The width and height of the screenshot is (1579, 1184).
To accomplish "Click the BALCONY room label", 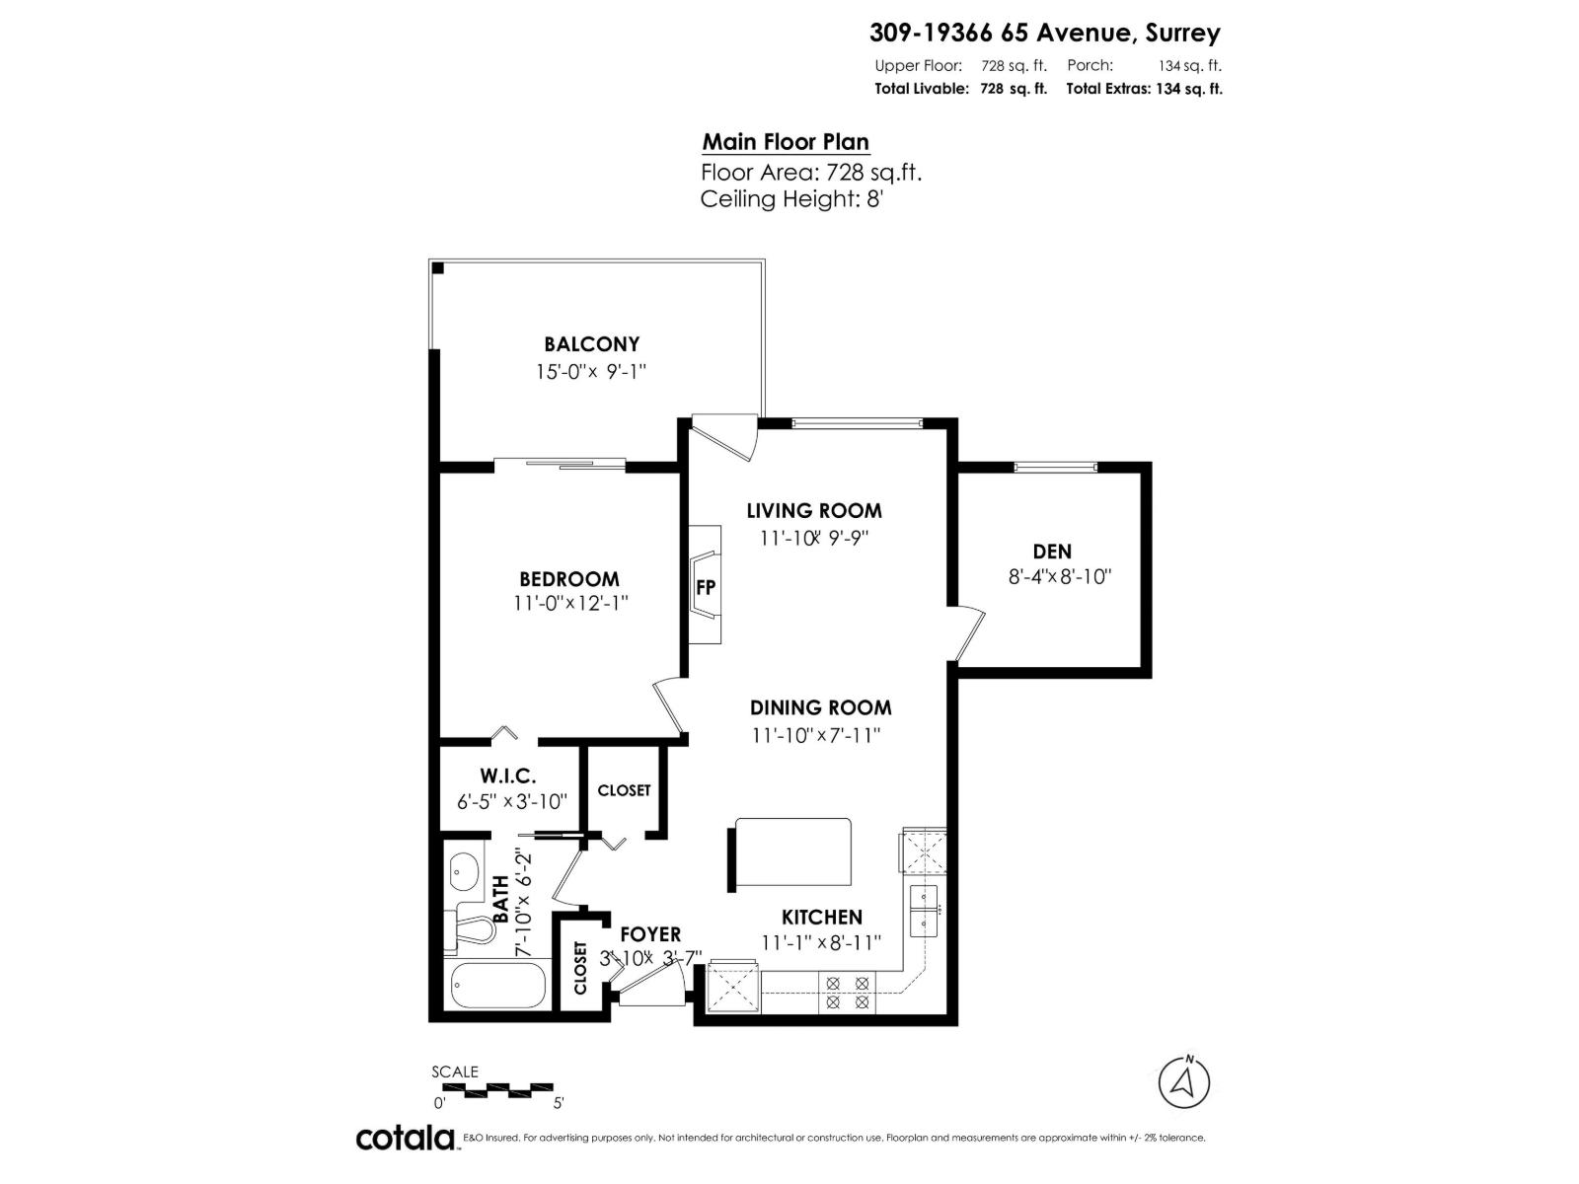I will pyautogui.click(x=591, y=344).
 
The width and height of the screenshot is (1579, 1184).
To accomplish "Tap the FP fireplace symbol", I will pyautogui.click(x=706, y=586).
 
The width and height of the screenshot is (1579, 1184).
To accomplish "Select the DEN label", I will pyautogui.click(x=1052, y=552).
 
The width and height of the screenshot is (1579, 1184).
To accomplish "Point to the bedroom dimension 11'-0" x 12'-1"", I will pyautogui.click(x=570, y=603).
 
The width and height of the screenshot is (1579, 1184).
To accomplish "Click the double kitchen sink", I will pyautogui.click(x=926, y=909).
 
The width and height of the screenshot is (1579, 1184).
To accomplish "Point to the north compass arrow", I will pyautogui.click(x=1183, y=1082).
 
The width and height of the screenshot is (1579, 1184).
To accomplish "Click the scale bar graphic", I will pyautogui.click(x=495, y=1089).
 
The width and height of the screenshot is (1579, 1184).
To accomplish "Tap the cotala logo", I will pyautogui.click(x=405, y=1138).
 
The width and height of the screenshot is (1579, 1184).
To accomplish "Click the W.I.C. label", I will pyautogui.click(x=508, y=777).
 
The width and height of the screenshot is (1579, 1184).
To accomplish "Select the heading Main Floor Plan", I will pyautogui.click(x=786, y=142).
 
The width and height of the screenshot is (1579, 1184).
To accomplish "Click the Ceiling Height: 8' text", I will pyautogui.click(x=790, y=199).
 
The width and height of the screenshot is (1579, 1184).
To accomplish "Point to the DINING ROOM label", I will pyautogui.click(x=820, y=707).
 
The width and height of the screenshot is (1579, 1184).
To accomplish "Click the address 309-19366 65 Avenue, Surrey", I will pyautogui.click(x=1044, y=33).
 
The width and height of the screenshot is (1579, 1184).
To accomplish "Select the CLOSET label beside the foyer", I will pyautogui.click(x=580, y=968).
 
